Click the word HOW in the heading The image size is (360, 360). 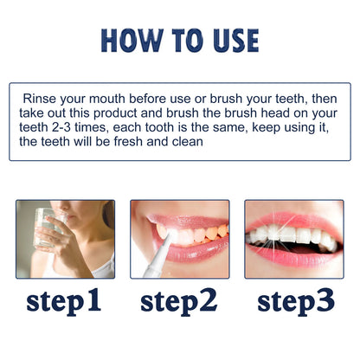128,40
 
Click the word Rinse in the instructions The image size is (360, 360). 40,99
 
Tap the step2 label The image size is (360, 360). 179,300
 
